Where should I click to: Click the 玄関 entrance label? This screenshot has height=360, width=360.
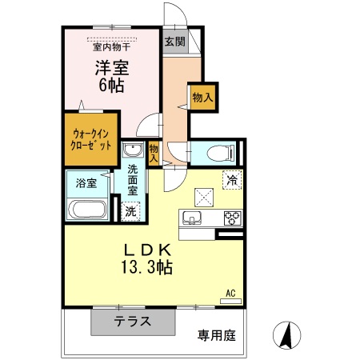[x=175, y=42]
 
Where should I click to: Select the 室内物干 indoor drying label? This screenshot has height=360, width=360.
[x=112, y=46]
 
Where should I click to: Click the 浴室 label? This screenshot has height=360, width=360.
[x=86, y=183]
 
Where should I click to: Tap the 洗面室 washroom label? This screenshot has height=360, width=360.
[x=133, y=181]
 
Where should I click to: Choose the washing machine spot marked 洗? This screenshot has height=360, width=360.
[x=131, y=211]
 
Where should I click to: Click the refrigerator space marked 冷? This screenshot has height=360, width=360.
[x=230, y=181]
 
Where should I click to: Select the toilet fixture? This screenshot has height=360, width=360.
[x=216, y=153]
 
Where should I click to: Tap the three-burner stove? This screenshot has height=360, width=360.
[x=232, y=217]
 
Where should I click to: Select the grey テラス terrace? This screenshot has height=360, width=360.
[x=132, y=322]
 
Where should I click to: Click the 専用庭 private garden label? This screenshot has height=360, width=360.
[x=217, y=334]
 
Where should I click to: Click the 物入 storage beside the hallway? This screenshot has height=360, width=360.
[x=201, y=97]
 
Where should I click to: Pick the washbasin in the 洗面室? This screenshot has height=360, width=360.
[x=132, y=150]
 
